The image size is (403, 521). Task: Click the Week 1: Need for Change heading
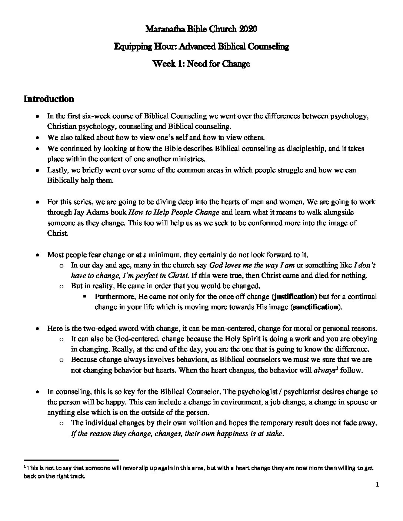pyautogui.click(x=201, y=64)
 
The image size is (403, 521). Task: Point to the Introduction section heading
pyautogui.click(x=49, y=99)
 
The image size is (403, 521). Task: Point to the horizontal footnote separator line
pyautogui.click(x=71, y=458)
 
